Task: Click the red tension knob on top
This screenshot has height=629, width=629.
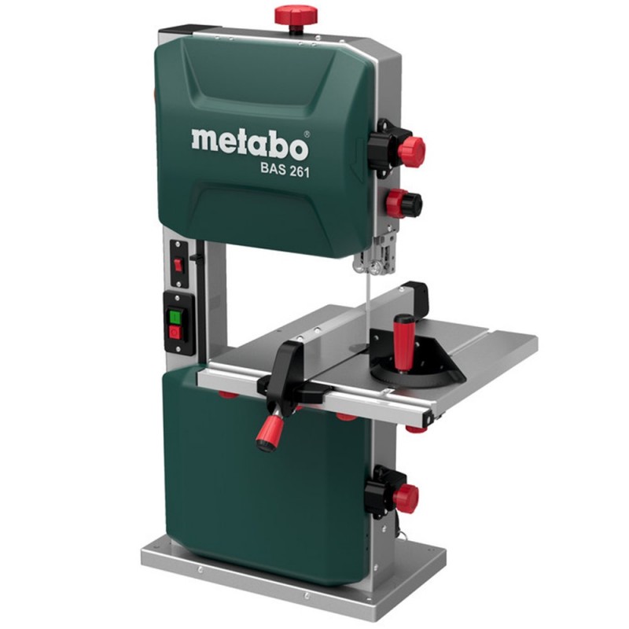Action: click(296, 15)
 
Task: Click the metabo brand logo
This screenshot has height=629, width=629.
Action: click(250, 144)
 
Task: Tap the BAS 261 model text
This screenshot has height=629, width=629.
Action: click(285, 170)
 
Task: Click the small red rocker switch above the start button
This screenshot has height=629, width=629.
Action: click(178, 264)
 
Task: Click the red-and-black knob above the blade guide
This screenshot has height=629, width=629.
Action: click(403, 203)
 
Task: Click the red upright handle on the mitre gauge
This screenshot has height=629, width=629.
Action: click(402, 343)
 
